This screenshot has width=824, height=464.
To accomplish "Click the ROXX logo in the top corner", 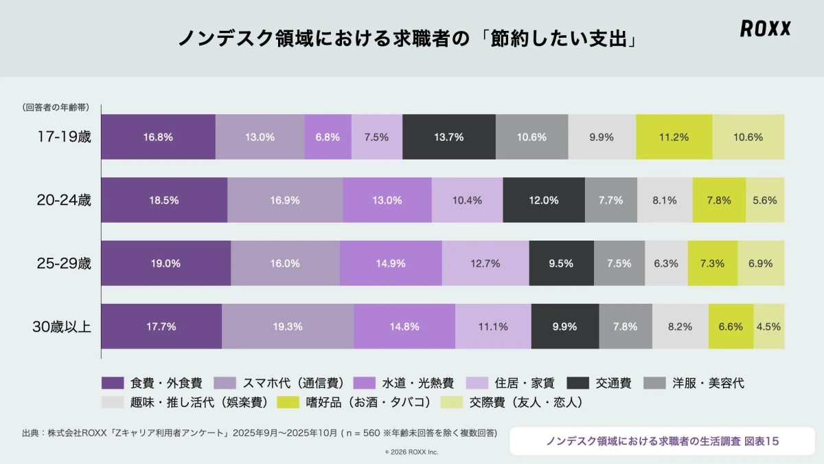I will pyautogui.click(x=765, y=28).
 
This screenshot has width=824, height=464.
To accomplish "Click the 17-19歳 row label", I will pyautogui.click(x=63, y=137).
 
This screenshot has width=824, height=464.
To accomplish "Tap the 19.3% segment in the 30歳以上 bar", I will pyautogui.click(x=287, y=327).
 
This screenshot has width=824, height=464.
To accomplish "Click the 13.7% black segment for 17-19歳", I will pyautogui.click(x=448, y=137).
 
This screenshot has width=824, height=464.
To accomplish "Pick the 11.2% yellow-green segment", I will pyautogui.click(x=674, y=137).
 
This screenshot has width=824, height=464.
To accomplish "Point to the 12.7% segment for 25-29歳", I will pyautogui.click(x=485, y=263).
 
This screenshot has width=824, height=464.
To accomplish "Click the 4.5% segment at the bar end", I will pyautogui.click(x=768, y=327).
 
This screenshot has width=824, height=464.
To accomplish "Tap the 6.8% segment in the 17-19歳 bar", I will pyautogui.click(x=328, y=137).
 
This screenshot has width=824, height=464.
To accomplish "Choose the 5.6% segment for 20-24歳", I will pyautogui.click(x=764, y=200).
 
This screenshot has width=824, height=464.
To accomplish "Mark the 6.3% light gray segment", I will pyautogui.click(x=665, y=263).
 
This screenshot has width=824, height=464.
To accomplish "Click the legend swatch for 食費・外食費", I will pyautogui.click(x=113, y=383).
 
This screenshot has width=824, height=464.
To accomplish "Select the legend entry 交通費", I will pyautogui.click(x=614, y=383).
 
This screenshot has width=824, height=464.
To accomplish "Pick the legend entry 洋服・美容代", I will pyautogui.click(x=707, y=383).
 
